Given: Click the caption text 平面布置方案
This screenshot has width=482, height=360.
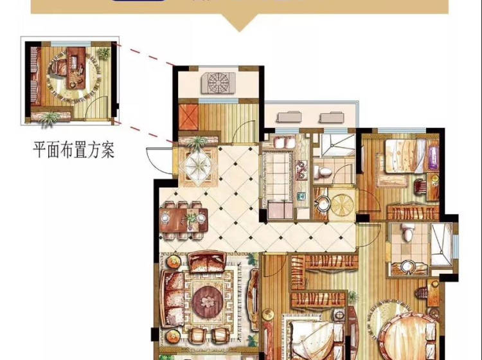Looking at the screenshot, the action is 74,150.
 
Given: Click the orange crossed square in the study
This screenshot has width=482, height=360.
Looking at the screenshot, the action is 188,116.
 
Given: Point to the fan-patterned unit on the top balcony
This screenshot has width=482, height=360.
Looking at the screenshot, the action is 219,82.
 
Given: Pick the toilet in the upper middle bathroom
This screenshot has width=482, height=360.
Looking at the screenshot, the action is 323,172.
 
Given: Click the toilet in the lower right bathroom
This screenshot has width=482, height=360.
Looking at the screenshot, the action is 408,231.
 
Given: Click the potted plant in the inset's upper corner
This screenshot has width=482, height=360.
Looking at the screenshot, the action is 103,53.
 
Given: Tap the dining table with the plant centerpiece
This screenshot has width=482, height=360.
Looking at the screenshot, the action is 184,220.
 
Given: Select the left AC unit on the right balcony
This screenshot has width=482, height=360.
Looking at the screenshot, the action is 289,117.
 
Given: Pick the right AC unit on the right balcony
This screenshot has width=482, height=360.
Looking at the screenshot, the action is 331,118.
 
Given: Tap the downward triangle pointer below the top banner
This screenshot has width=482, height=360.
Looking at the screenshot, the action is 240,22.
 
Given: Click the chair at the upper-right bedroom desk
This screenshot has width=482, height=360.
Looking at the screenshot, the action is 420,186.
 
